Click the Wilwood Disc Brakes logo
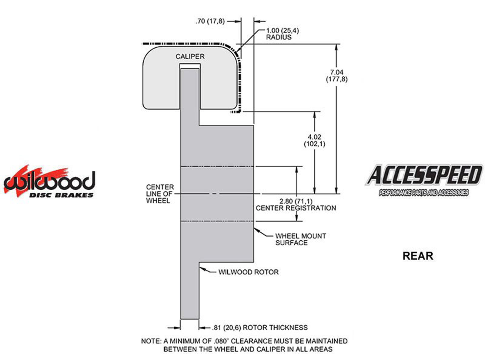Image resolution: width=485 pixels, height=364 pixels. pyautogui.click(x=49, y=182)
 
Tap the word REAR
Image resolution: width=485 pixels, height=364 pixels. pyautogui.click(x=417, y=256)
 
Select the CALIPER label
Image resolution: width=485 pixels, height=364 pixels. pyautogui.click(x=190, y=56)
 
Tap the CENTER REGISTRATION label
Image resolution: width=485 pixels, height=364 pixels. pyautogui.click(x=296, y=208)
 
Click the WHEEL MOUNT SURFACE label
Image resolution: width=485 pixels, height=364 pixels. pyautogui.click(x=300, y=239)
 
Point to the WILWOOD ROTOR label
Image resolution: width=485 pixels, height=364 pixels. pyautogui.click(x=248, y=272)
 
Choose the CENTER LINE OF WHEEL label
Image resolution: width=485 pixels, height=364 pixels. pyautogui.click(x=160, y=194)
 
